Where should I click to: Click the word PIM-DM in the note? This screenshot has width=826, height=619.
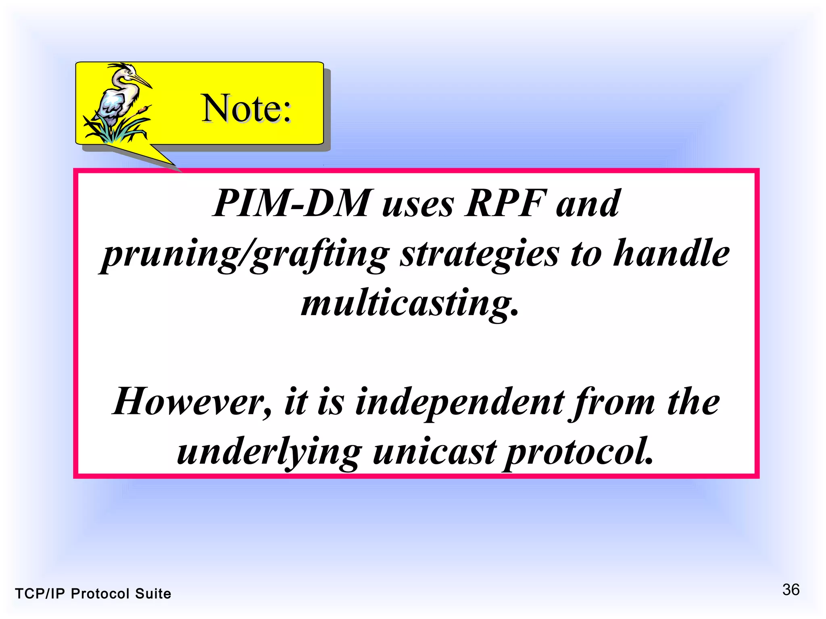coord(290,204)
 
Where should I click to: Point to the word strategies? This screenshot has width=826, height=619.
coord(480,255)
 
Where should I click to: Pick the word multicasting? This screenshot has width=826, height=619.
coord(409,304)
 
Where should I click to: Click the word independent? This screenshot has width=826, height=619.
coord(459,403)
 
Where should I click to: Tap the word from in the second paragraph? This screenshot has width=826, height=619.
coord(611,403)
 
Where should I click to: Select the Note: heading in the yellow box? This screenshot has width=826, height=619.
coord(246,108)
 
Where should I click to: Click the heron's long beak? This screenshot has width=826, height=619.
coord(141,80)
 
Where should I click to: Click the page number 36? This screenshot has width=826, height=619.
coord(791,590)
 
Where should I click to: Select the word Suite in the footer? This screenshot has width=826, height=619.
coord(153,594)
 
